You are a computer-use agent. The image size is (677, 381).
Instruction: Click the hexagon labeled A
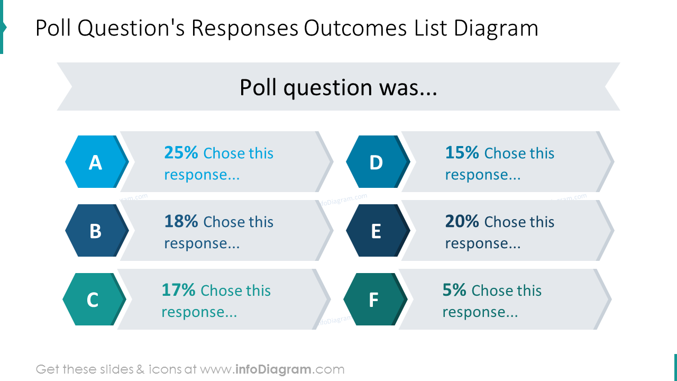(x=95, y=162)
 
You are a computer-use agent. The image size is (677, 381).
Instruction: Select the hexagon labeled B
(x=95, y=231)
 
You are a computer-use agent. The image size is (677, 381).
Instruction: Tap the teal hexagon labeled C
(x=93, y=300)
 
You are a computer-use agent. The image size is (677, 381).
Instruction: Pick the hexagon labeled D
(x=376, y=162)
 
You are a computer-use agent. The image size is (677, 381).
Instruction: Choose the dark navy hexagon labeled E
(x=376, y=231)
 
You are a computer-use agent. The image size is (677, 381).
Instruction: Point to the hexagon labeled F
(x=373, y=300)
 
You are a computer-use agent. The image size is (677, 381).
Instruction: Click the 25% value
(x=181, y=153)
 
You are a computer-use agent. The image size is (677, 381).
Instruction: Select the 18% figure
(x=181, y=222)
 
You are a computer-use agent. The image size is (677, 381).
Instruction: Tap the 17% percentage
(x=178, y=291)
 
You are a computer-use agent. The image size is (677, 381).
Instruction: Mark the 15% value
(x=462, y=153)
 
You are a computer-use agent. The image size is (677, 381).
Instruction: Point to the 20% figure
(x=462, y=222)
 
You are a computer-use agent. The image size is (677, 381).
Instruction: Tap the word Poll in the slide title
(x=53, y=29)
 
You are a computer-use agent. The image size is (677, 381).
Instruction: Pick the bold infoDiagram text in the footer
(x=272, y=369)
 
